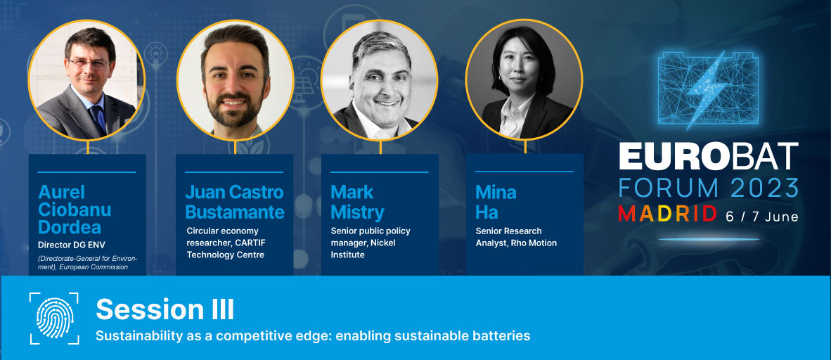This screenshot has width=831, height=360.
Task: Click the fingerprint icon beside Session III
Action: coord(54,318)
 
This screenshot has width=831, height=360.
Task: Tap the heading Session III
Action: coord(165,309)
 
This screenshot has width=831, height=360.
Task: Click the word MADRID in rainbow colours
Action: coord(667,214)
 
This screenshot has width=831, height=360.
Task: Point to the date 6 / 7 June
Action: coord(761,216)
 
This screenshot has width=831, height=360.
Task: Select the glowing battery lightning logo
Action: coord(707,90)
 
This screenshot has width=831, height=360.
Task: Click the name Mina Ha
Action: coord(496,202)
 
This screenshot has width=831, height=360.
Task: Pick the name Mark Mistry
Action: coord(357,202)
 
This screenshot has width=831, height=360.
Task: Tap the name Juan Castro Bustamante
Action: coord(234,202)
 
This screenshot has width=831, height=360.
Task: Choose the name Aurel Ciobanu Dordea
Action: coord(75,210)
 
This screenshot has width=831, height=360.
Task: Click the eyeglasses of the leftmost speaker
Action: coord(89,63)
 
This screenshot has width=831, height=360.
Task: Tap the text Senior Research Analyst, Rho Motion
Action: coord(516,237)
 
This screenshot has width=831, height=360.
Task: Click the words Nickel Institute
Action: coord(363,249)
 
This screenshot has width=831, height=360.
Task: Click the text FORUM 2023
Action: coord(709,188)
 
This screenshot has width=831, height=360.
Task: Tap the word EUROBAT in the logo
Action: coord(709,156)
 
